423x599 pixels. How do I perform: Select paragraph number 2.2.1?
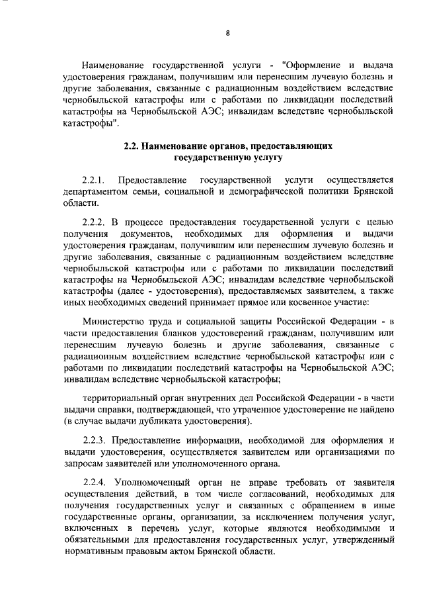[94, 180]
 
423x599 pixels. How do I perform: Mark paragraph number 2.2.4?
[94, 481]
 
